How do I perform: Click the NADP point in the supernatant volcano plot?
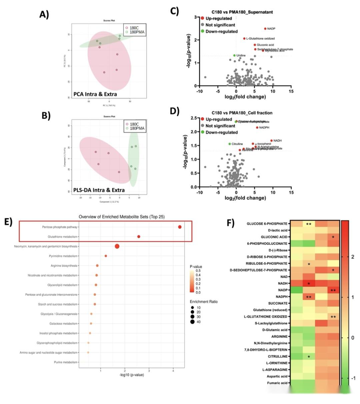coord(265,29)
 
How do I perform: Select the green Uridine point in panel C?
coord(234,55)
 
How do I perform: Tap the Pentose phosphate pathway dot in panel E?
coord(180,227)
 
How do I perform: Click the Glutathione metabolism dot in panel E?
coord(139,236)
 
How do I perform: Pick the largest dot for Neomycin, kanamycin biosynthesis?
coord(117,246)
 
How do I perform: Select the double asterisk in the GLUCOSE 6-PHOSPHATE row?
coord(309,224)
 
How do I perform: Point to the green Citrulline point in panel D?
coord(230,144)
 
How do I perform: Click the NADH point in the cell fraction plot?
coord(271,141)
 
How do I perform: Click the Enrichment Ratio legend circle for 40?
coord(193,322)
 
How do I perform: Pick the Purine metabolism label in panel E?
coord(66,362)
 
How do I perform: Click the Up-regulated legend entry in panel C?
coord(219,18)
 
